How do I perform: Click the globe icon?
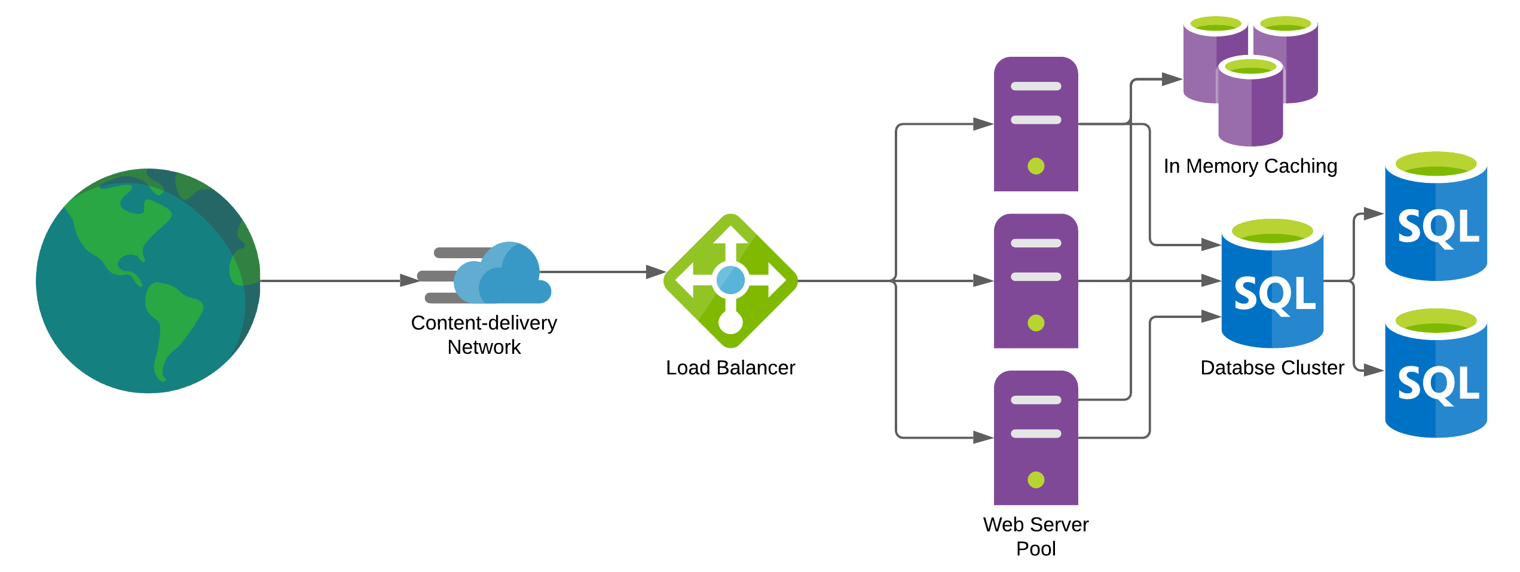148,280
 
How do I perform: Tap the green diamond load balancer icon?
730,280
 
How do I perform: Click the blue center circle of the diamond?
730,280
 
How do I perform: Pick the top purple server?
1035,124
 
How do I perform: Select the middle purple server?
1035,281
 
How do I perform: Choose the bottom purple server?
1035,438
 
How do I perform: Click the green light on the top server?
1036,166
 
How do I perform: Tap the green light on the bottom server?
1036,479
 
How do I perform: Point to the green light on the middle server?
1036,323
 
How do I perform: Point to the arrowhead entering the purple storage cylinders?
1172,79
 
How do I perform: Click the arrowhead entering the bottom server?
983,438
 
